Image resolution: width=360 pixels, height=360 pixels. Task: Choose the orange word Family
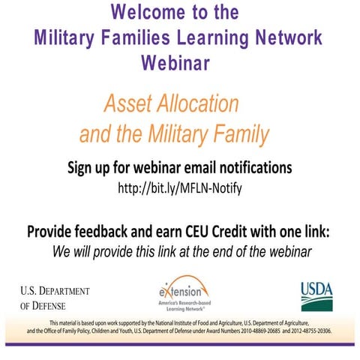point(236,135)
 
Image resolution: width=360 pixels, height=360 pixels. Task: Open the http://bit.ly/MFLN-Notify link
point(180,187)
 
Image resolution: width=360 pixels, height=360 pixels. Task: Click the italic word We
point(64,250)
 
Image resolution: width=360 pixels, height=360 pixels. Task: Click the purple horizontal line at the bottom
point(180,343)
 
